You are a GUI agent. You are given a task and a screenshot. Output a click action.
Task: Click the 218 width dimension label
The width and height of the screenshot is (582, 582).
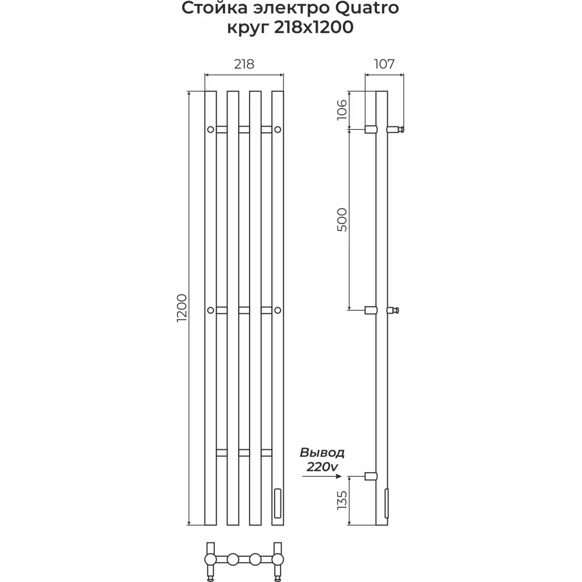pos(244,64)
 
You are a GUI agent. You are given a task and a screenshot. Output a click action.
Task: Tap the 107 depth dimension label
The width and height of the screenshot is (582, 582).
pos(384,64)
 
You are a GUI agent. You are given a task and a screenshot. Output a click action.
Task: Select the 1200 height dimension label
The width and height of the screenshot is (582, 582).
pos(182,308)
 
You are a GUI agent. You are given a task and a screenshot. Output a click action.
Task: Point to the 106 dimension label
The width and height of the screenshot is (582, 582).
pos(342,110)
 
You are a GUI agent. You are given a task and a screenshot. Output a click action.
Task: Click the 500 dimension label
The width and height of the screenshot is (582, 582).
pos(342,220)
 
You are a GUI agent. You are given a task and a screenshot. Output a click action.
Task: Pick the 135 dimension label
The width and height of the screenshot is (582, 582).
pos(342,500)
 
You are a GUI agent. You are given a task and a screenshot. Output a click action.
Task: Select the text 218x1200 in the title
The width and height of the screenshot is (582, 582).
pos(314,27)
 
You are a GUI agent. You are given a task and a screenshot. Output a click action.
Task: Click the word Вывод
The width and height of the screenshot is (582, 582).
pos(322,453)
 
